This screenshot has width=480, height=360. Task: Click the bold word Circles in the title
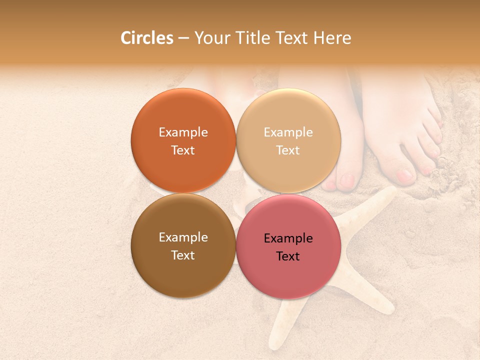point(147,38)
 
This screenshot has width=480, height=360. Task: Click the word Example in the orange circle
point(183,132)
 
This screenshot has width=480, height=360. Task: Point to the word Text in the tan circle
point(288,150)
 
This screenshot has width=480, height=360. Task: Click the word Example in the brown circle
point(183,237)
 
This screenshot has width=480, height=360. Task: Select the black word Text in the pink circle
point(288,256)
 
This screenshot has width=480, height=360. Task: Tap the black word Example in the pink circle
point(288,238)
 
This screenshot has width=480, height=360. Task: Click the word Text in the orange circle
point(183,150)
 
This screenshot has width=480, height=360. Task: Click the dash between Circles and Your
point(183,38)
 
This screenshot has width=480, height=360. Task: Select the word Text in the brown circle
point(183,255)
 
